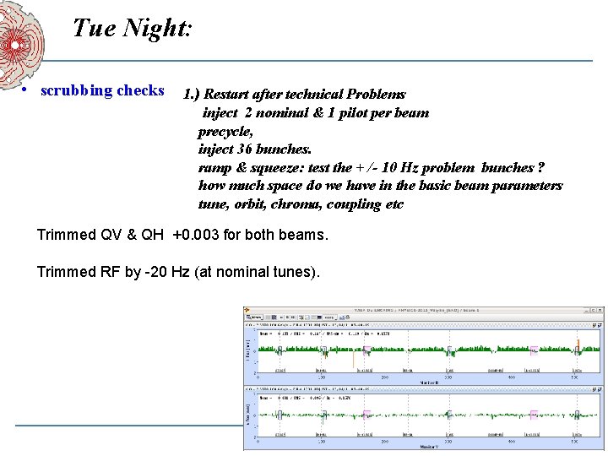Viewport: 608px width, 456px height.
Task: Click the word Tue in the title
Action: pyautogui.click(x=93, y=29)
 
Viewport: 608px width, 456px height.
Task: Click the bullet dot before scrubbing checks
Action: pyautogui.click(x=28, y=91)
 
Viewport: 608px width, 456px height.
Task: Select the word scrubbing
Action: pyautogui.click(x=79, y=90)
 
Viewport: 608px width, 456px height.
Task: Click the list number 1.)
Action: pyautogui.click(x=192, y=95)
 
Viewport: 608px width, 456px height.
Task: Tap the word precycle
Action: pyautogui.click(x=225, y=132)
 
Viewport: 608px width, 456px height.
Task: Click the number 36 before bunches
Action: pyautogui.click(x=243, y=149)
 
